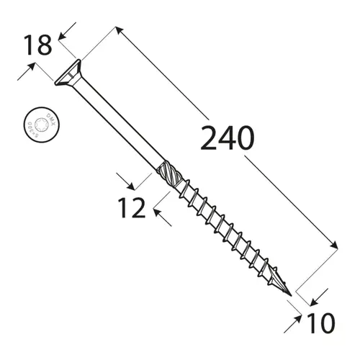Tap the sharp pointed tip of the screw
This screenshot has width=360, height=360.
point(291,295)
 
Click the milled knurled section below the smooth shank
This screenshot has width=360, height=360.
point(165,175)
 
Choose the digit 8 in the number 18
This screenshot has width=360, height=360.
point(45,45)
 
